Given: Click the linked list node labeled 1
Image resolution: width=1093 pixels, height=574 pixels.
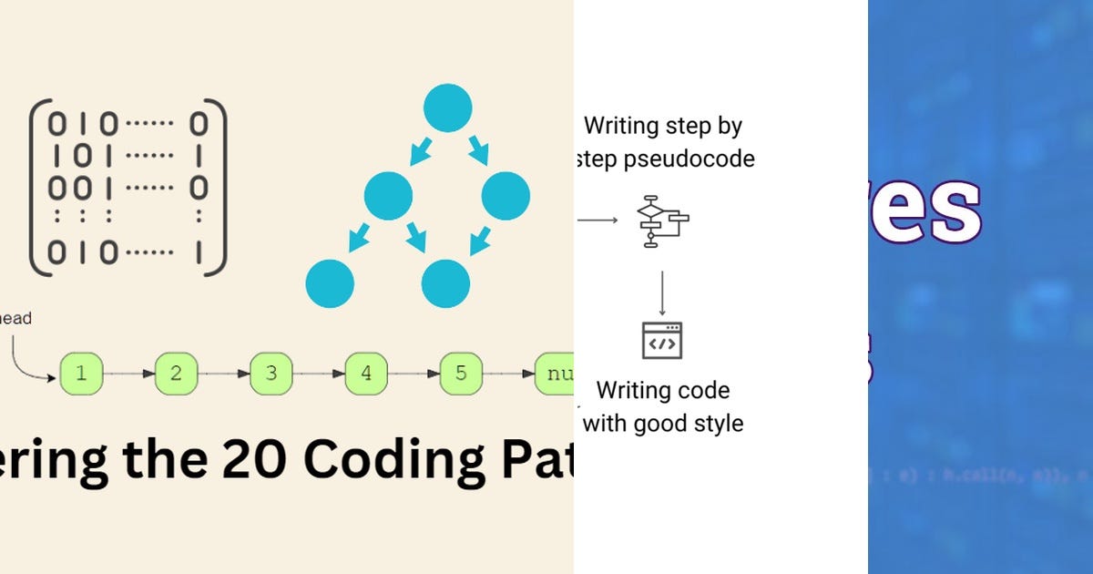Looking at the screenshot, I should coord(82,374).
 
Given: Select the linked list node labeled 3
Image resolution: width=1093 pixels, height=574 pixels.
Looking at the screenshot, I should coord(271,374).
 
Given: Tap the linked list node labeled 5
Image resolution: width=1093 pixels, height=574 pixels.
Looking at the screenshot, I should coord(461,374).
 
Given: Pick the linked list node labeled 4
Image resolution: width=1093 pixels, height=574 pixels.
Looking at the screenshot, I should coord(366,374).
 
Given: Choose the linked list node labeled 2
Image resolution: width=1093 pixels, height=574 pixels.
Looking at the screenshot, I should coord(177,374).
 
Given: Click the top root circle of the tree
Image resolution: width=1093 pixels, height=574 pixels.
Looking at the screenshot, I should coord(447,108).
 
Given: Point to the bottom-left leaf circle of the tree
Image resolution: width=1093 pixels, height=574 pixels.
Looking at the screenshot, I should coord(330,282).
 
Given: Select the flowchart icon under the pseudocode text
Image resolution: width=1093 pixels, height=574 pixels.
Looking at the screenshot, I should coord(662,220).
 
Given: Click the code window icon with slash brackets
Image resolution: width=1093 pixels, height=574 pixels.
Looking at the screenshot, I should coord(662,341).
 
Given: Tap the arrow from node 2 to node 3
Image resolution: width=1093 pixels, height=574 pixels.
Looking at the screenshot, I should coord(224,374).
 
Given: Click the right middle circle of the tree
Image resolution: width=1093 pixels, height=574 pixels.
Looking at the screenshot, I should coord(506,195).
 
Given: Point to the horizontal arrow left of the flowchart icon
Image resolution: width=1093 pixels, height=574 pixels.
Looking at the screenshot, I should coord(598,220).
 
